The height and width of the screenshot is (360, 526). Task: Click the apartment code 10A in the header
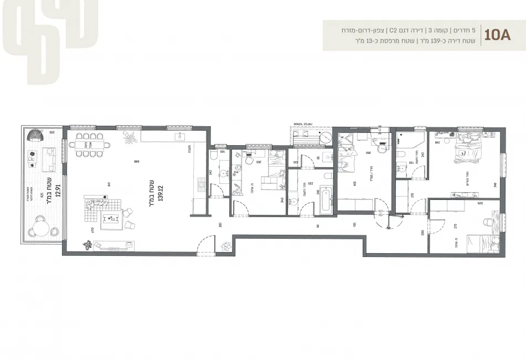pos(496,36)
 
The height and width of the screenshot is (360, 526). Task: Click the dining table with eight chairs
pos(92,145)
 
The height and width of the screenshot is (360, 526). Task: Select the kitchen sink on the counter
pos(179,136)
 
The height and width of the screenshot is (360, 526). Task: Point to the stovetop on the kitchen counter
pos(200,182)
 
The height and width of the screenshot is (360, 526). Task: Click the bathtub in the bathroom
pos(324,200)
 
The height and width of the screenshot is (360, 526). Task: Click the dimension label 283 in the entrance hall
pos(220,224)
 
